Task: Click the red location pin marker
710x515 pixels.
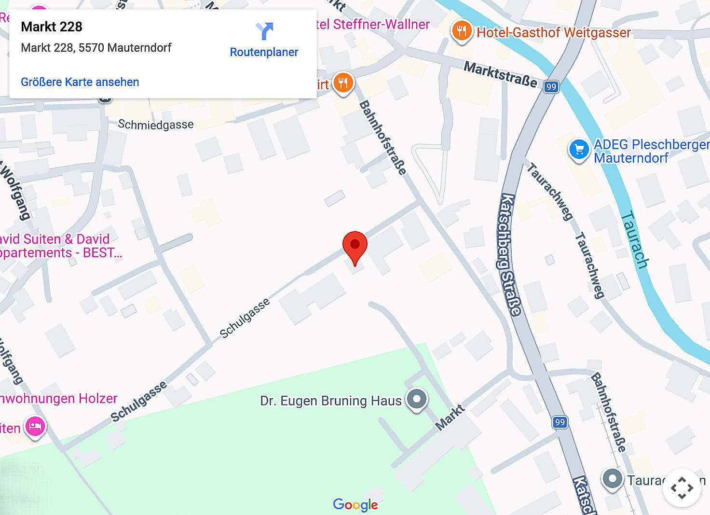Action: pos(355,246)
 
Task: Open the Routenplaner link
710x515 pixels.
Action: pos(264,52)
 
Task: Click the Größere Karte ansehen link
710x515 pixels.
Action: pos(80,82)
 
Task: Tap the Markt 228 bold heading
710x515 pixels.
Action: pos(52,27)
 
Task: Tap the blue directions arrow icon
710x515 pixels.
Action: pos(264,31)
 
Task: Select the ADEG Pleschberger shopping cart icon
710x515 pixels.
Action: pos(579,150)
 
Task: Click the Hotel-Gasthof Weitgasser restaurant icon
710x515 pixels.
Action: pos(462,31)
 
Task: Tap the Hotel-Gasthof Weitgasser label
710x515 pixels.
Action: pos(554,32)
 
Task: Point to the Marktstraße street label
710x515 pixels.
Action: pos(500,74)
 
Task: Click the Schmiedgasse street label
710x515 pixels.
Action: pos(156,125)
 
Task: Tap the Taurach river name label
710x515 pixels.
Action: pos(634,239)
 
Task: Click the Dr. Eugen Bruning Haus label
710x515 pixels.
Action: pos(331,401)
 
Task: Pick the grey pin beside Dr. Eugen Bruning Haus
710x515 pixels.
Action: pos(417,399)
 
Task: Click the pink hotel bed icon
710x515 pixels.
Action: pos(35,427)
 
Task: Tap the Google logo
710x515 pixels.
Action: pos(355,505)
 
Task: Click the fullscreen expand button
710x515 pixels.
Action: pos(682,488)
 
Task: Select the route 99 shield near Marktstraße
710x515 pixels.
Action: pos(551,87)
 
